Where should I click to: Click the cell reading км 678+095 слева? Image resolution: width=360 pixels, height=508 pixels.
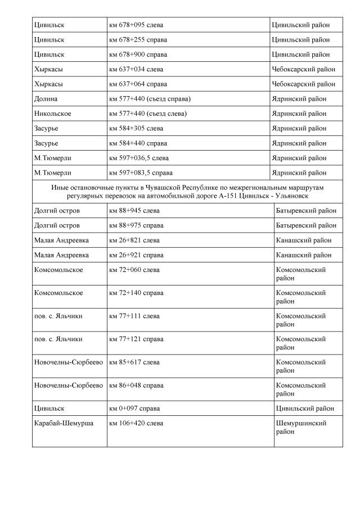[136, 25]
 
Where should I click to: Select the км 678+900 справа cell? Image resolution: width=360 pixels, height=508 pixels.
[138, 55]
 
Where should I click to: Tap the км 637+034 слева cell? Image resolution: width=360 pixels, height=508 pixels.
[136, 70]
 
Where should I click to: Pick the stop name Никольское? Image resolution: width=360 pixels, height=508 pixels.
[52, 114]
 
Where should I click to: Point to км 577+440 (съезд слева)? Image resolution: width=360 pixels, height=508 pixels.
[148, 114]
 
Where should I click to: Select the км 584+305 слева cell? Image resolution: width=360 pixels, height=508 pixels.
[136, 129]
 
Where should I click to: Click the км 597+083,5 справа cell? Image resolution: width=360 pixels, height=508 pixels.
[141, 173]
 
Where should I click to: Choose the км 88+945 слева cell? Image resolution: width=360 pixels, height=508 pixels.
[134, 211]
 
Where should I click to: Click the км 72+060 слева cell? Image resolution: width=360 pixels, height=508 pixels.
[134, 270]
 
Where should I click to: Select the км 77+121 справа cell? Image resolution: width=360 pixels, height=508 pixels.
[136, 339]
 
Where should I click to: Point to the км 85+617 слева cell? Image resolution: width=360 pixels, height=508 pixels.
[134, 362]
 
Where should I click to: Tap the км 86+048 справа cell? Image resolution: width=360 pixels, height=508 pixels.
[136, 385]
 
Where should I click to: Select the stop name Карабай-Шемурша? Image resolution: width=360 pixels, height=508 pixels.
[64, 423]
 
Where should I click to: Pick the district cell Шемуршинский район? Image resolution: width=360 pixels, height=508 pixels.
[301, 428]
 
